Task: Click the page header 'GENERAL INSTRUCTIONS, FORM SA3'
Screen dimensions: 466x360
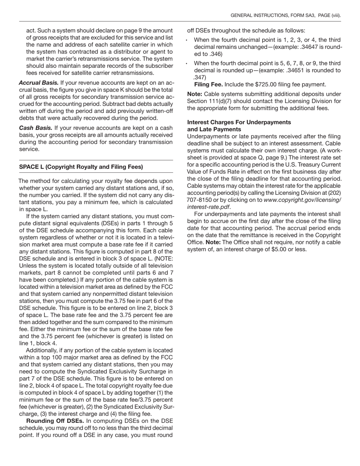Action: click(272, 16)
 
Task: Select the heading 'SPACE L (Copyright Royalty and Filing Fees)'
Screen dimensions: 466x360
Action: click(81, 167)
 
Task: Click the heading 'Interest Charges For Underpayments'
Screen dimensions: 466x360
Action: click(239, 122)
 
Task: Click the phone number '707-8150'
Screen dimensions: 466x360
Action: click(199, 200)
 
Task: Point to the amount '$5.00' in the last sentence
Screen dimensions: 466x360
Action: click(273, 249)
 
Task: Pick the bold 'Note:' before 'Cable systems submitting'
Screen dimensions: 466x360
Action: click(195, 94)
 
